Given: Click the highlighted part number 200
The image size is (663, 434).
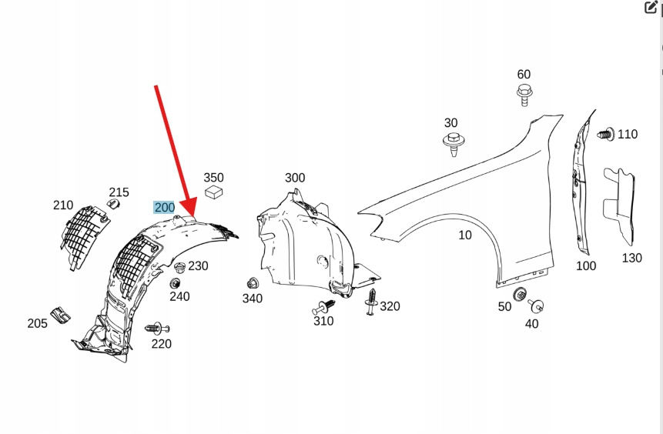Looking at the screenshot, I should tap(165, 207).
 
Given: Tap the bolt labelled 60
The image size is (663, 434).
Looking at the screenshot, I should tap(524, 96).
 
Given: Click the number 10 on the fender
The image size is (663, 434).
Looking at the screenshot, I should tap(465, 235).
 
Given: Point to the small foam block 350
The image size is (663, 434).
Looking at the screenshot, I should tap(214, 191).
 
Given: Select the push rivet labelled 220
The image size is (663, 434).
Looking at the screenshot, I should tap(156, 329).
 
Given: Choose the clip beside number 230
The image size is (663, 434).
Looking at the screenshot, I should tap(179, 268).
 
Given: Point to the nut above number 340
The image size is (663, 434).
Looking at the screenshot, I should tap(252, 282).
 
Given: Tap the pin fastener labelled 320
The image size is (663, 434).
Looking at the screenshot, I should tap(372, 302).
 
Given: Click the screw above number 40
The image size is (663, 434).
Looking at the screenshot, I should tap(536, 305).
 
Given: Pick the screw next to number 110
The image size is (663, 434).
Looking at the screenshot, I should tap(604, 134).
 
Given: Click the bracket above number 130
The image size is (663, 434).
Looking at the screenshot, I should tap(621, 204).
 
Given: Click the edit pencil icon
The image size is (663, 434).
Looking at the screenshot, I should tap(650, 8).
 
